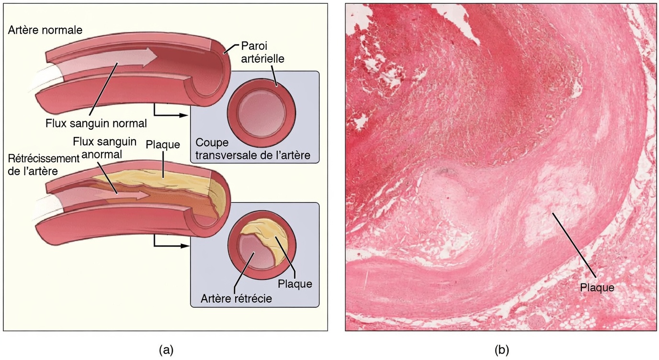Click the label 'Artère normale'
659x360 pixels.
click(x=45, y=30)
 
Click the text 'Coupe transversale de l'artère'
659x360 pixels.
click(x=253, y=149)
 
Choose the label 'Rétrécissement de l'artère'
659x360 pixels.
click(x=43, y=164)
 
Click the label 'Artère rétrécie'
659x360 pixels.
click(x=237, y=299)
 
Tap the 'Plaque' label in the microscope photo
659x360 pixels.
click(x=596, y=288)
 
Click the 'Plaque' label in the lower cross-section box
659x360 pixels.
click(x=295, y=284)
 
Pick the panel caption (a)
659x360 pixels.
click(x=166, y=350)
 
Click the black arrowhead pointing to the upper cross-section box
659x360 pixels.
click(x=183, y=115)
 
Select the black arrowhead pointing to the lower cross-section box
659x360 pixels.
click(x=183, y=246)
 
